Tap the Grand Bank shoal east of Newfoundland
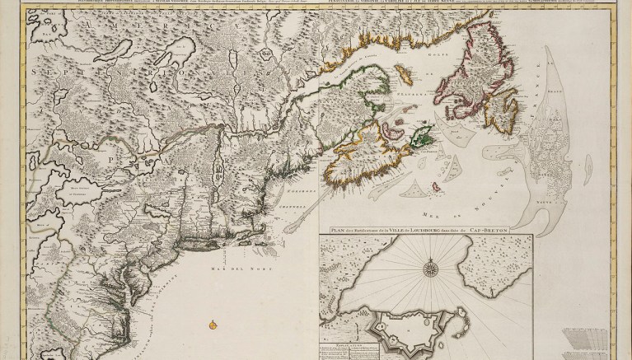[548, 136]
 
